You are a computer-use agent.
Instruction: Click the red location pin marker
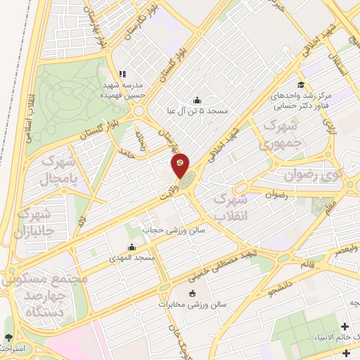[180, 164]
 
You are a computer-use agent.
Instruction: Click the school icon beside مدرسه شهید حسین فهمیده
[122, 73]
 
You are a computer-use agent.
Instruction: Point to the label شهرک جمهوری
[265, 136]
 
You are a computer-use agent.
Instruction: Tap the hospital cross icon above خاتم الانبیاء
[345, 327]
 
